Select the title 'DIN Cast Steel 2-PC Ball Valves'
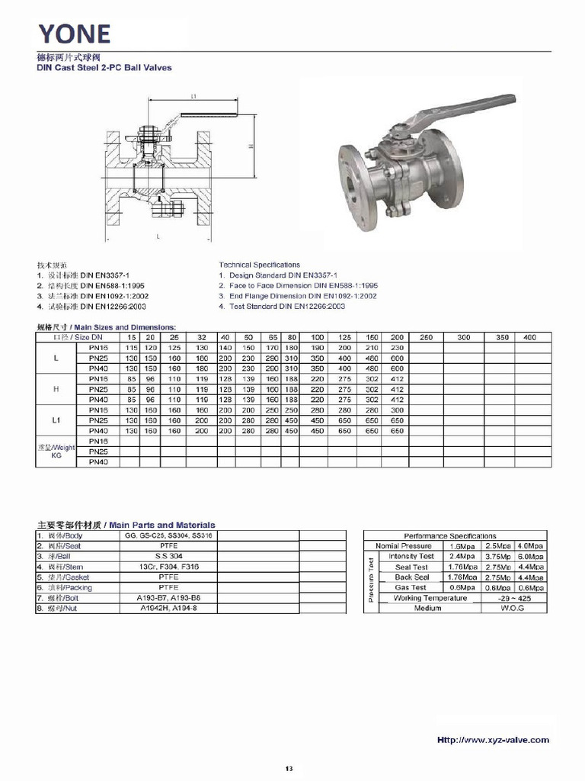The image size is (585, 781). [x=104, y=68]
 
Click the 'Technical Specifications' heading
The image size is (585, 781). [x=259, y=265]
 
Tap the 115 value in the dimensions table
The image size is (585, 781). [x=132, y=347]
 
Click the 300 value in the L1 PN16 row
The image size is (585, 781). [x=396, y=410]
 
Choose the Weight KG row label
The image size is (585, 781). [x=56, y=452]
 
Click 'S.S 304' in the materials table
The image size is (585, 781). [x=168, y=557]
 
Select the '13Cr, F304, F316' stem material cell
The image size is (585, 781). [x=168, y=567]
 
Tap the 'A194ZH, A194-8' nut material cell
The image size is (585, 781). [x=168, y=609]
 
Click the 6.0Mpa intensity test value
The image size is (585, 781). [x=531, y=556]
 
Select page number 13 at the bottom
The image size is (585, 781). [x=289, y=767]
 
